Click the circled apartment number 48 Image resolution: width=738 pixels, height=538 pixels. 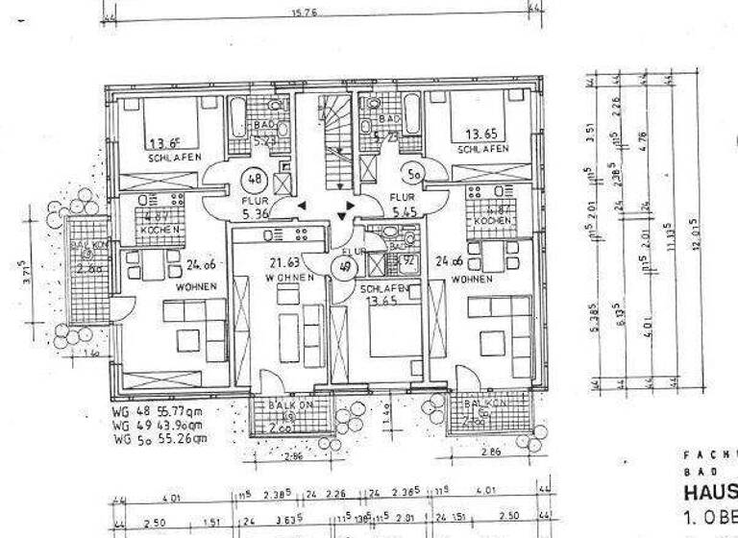(256, 179)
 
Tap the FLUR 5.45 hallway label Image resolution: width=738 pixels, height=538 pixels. (402, 206)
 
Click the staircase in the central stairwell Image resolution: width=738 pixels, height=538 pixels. (336, 144)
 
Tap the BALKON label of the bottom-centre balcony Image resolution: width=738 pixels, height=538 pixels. (287, 407)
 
